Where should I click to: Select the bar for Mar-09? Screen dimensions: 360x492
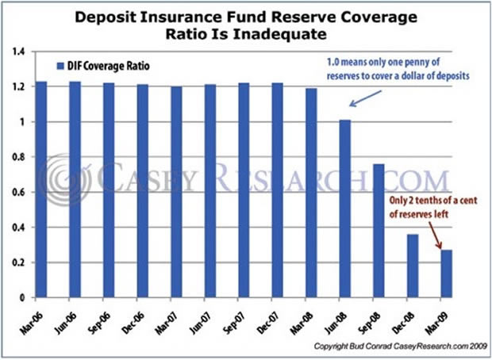[446, 274]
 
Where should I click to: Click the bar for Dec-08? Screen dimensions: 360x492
[412, 266]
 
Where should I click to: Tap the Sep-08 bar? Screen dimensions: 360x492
[379, 230]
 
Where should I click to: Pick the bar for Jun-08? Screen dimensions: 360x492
[344, 209]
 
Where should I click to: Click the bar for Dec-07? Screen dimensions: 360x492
[277, 190]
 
